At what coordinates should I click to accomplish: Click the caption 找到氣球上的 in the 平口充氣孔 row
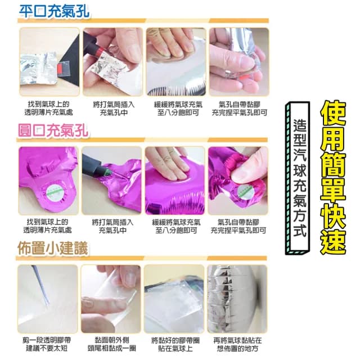pyautogui.click(x=47, y=105)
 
